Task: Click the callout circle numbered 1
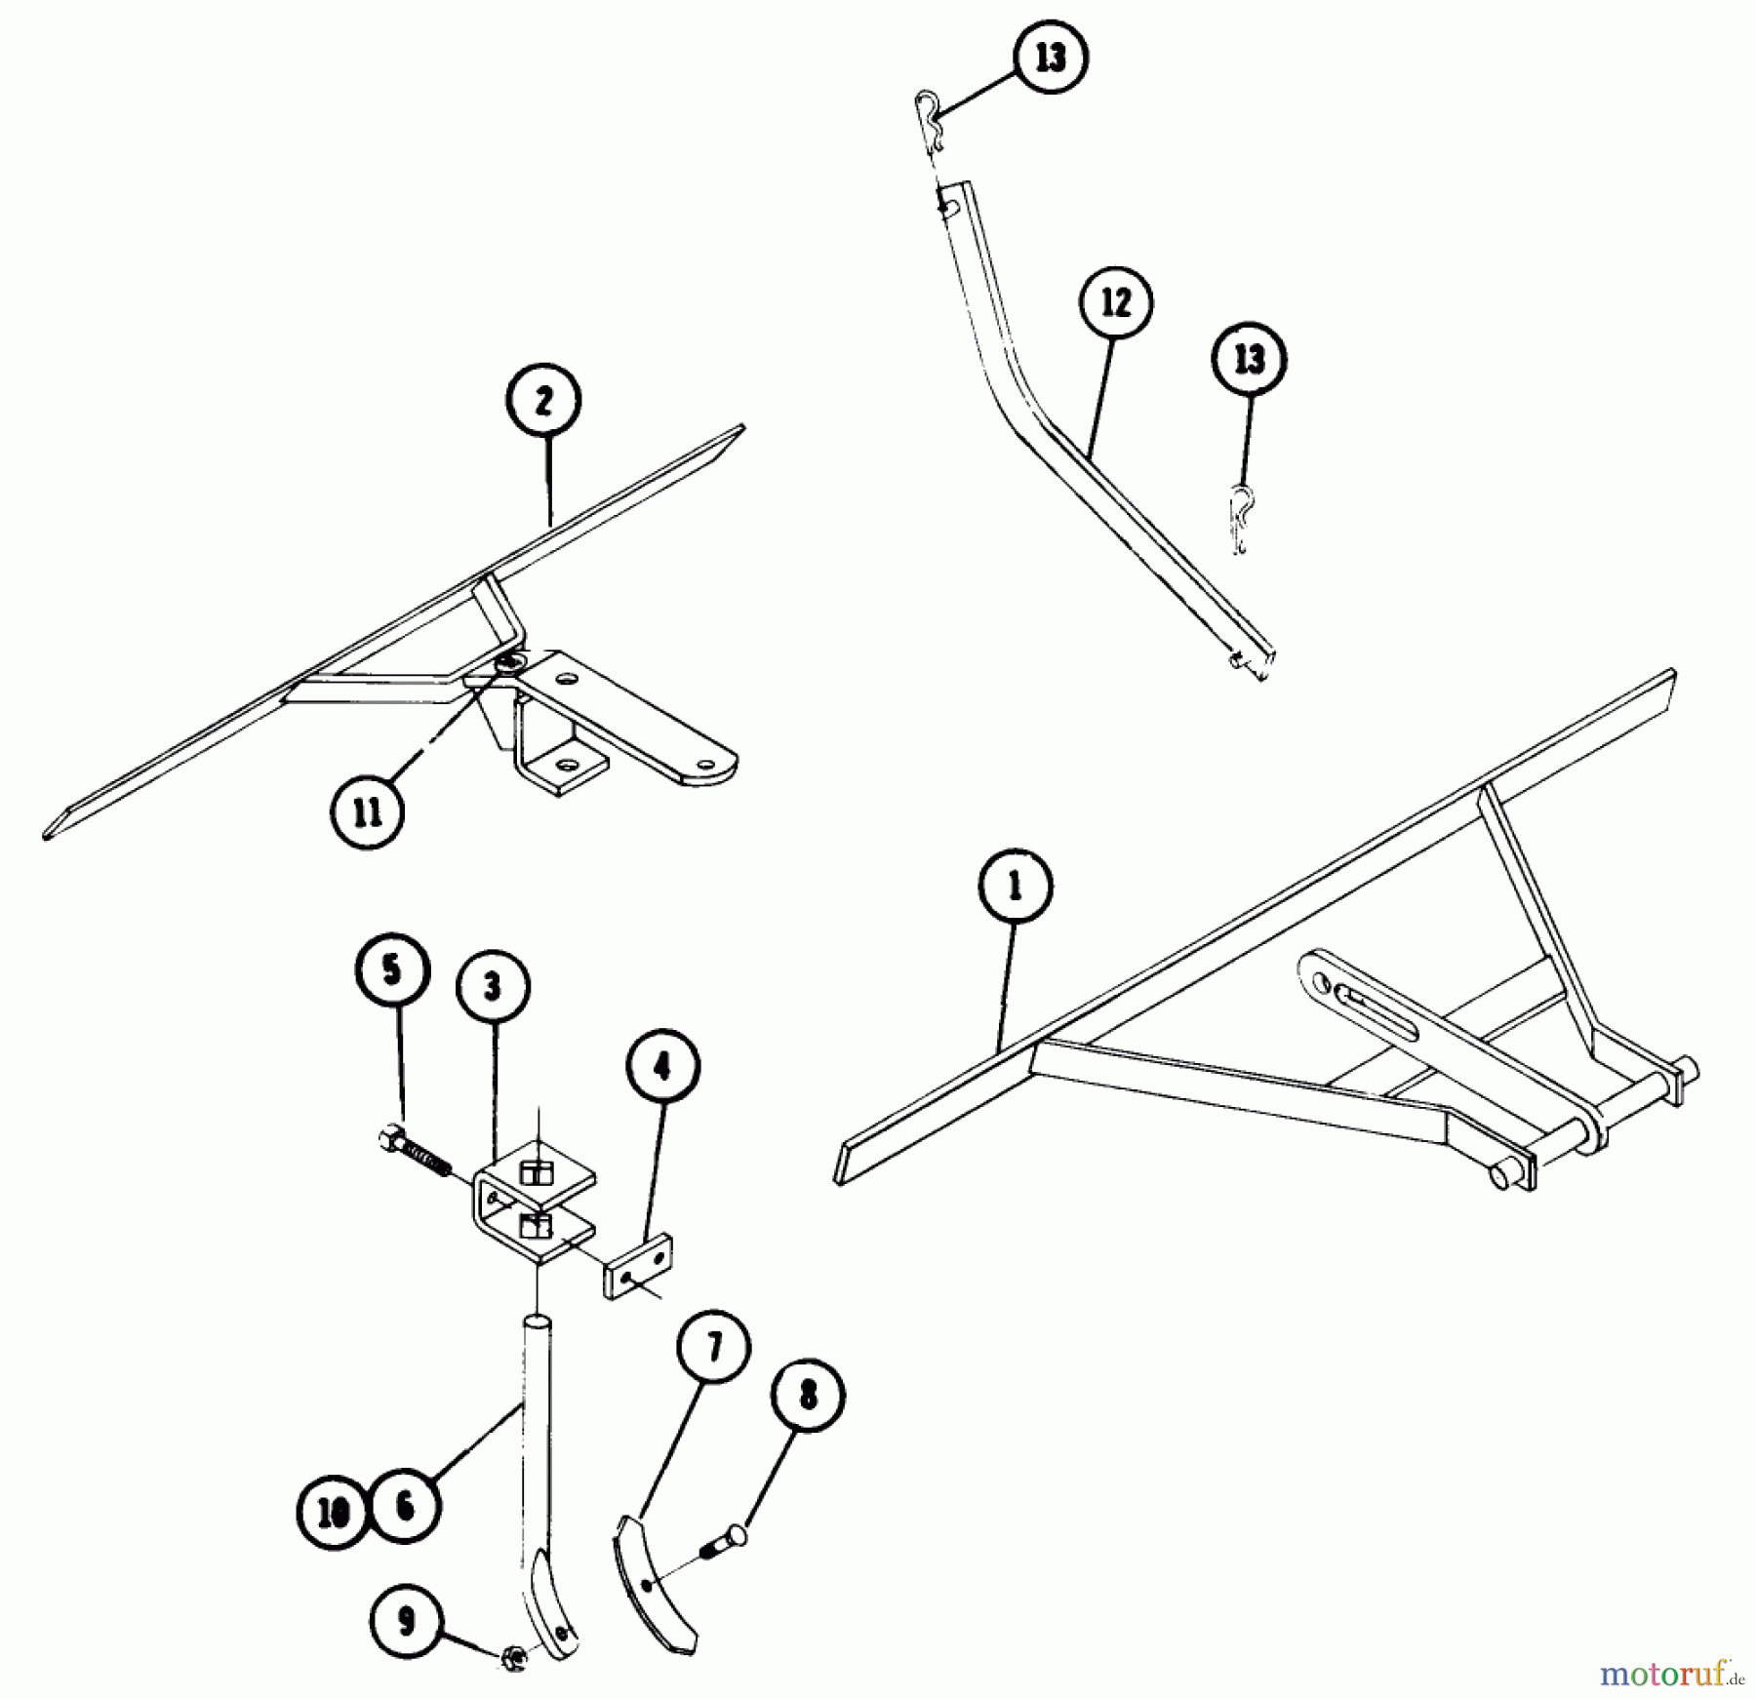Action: click(x=1015, y=888)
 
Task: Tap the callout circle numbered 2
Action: click(x=543, y=401)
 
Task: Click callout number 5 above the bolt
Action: click(x=392, y=970)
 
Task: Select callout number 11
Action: click(x=368, y=813)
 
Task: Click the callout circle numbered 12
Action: click(x=1116, y=303)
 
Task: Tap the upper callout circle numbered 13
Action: click(x=1051, y=59)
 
